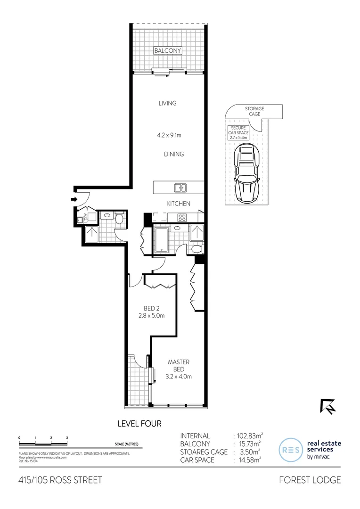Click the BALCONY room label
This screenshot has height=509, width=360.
pos(168,50)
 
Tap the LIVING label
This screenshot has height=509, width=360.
pos(167,103)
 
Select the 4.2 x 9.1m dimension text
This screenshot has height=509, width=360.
pos(169,135)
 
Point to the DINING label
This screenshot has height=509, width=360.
pos(174,154)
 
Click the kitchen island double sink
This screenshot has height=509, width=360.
pos(180,188)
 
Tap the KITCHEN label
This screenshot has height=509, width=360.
pos(179,204)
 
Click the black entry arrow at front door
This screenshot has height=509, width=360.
pos(74,199)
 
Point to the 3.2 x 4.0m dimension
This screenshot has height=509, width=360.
pos(179,376)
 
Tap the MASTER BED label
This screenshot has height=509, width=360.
pos(179,365)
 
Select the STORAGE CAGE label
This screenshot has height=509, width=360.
pos(254,111)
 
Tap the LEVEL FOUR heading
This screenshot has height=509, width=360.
pos(139,424)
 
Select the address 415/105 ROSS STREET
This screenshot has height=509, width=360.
pos(59,480)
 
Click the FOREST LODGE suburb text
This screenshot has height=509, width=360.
pos(309,480)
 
